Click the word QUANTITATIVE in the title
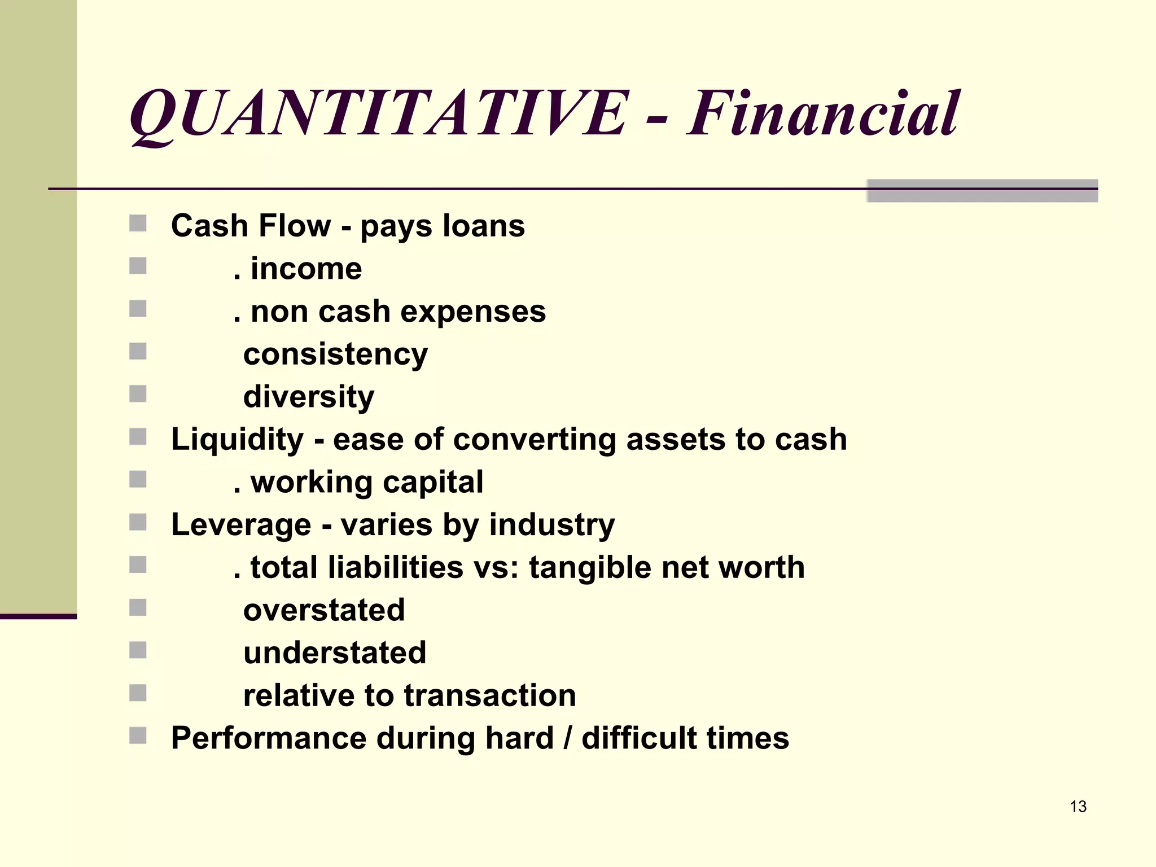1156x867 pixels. point(378,114)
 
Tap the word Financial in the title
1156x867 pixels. point(823,114)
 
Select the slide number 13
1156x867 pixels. point(1078,807)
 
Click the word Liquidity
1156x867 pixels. point(237,440)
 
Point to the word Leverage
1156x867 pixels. point(241,525)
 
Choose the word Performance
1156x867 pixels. point(268,738)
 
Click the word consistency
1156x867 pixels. point(335,355)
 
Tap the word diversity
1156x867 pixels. point(309,397)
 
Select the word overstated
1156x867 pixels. point(324,610)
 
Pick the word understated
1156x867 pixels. point(335,653)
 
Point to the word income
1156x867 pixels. point(306,269)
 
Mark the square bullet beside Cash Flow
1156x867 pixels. point(138,224)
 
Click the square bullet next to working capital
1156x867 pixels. point(138,480)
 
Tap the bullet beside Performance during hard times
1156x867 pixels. point(138,735)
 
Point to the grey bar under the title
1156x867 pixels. point(982,191)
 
